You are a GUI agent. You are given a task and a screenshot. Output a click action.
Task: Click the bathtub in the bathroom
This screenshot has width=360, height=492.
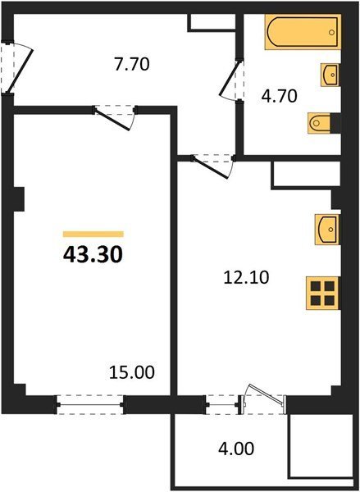303,32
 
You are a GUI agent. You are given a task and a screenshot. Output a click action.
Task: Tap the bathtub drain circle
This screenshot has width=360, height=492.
332,32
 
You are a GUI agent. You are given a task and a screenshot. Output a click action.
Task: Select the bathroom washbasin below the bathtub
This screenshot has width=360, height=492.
330,75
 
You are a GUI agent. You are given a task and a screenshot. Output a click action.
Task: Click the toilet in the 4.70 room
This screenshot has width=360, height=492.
319,123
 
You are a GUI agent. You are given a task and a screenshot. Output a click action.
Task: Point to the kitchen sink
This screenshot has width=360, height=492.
327,230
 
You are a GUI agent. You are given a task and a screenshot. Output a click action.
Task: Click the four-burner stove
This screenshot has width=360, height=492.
322,293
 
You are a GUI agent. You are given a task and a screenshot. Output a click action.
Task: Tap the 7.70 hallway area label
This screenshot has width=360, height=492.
131,64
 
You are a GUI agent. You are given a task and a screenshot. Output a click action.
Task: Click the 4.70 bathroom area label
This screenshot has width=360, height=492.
280,96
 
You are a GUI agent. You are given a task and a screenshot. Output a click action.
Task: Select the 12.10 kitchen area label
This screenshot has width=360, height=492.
246,278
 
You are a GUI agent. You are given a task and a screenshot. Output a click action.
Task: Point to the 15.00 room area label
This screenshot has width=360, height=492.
132,372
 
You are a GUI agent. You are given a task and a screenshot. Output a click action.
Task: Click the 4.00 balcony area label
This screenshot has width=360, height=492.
236,449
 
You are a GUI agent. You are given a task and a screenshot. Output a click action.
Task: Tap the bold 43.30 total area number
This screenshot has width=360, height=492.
93,254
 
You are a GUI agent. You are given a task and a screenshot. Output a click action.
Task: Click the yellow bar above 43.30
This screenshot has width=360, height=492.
93,234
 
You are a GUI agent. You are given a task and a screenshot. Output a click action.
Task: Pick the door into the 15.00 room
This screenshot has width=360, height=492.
115,118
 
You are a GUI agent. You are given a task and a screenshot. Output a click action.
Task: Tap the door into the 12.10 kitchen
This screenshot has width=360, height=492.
212,166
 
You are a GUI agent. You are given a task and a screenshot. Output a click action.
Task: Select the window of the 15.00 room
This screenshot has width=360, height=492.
90,405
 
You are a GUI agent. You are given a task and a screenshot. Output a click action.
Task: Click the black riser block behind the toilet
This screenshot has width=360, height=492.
336,123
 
